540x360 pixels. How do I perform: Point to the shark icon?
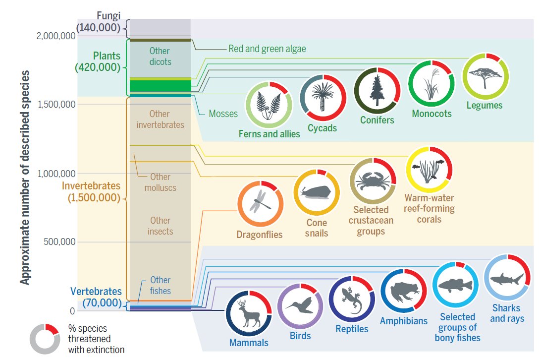506,278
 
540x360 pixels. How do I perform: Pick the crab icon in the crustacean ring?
373,181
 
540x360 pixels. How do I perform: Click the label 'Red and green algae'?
267,49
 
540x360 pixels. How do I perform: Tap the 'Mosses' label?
223,114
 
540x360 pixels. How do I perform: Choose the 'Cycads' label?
322,128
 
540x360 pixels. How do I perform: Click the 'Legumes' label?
484,105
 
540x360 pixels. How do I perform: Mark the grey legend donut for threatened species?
45,338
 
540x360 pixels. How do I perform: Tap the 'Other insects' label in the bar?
160,226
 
